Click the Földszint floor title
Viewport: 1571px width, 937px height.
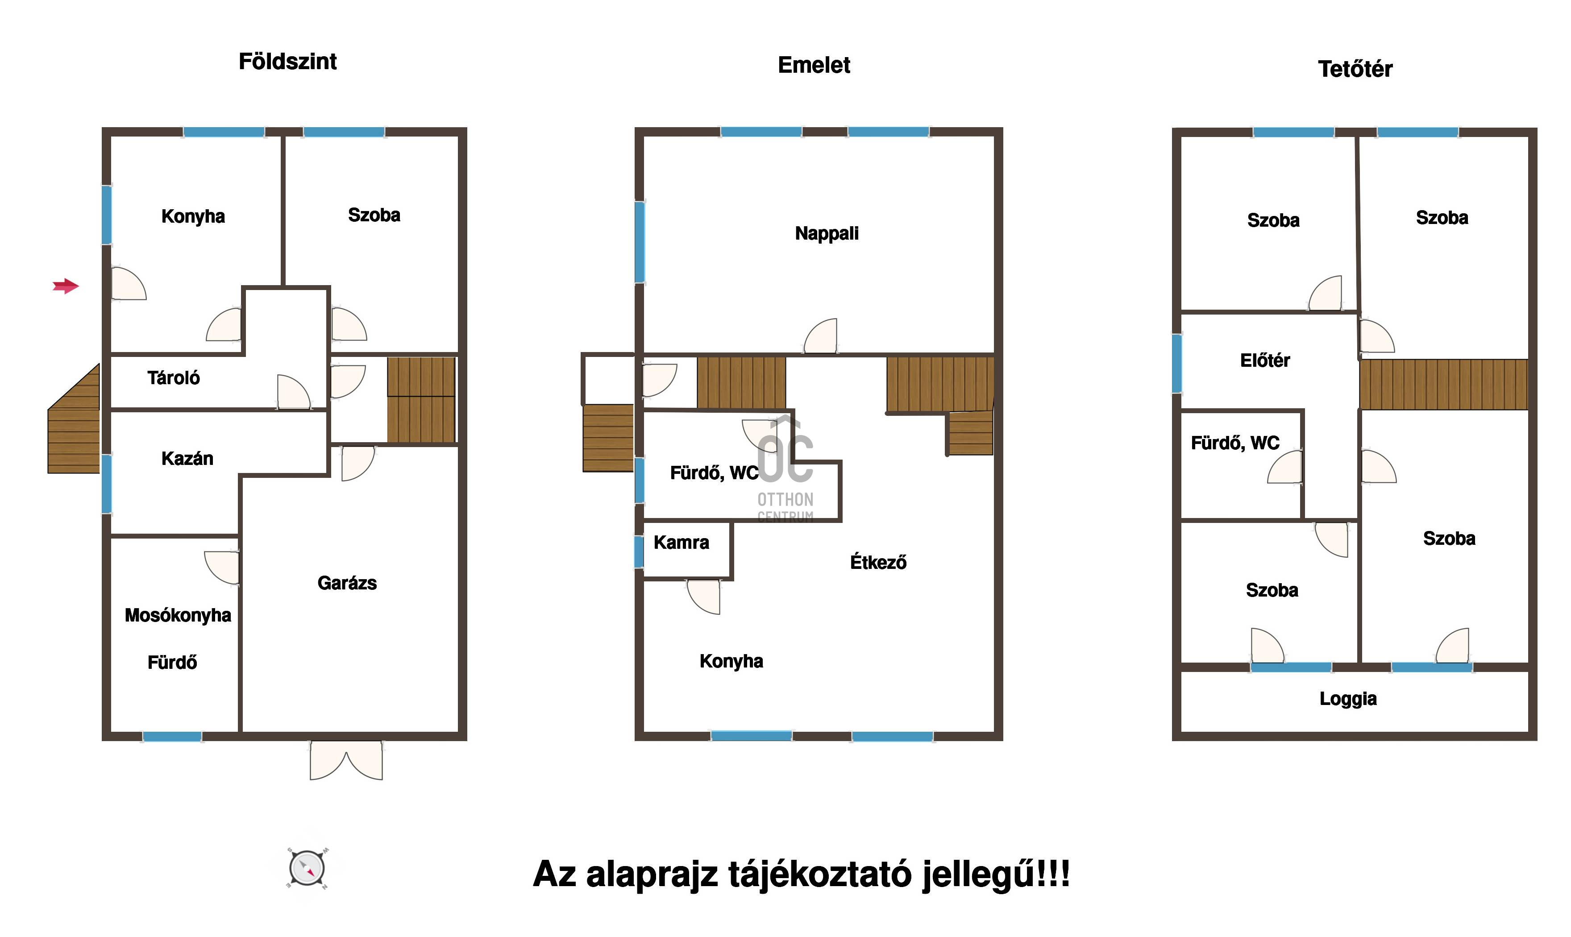(287, 61)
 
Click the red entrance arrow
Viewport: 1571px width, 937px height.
(66, 286)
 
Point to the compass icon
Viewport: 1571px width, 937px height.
(307, 869)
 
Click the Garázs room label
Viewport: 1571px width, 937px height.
(347, 583)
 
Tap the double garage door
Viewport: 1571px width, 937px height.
(346, 760)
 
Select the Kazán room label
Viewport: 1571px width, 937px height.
(187, 458)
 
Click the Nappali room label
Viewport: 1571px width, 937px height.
(827, 234)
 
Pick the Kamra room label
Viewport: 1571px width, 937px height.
(682, 543)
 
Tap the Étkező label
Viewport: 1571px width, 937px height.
(878, 562)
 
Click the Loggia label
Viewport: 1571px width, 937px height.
(1348, 699)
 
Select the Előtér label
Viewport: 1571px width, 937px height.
(1265, 361)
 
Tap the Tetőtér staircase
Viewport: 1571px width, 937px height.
(1444, 385)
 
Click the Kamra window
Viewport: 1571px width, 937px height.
(639, 551)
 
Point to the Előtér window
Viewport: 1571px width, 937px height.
(1177, 364)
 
